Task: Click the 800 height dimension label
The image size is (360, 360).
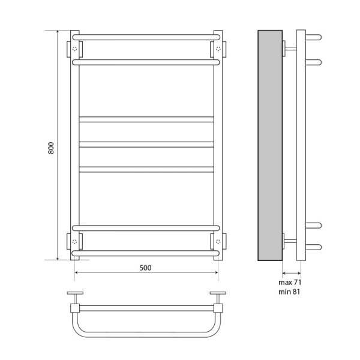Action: point(51,148)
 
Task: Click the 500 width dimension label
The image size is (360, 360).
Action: point(146,267)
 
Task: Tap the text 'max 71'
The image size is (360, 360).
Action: point(289,281)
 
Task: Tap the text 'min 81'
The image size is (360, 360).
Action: point(289,291)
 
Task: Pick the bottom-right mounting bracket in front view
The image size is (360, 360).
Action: point(217,241)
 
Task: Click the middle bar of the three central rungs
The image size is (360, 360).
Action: point(146,144)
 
